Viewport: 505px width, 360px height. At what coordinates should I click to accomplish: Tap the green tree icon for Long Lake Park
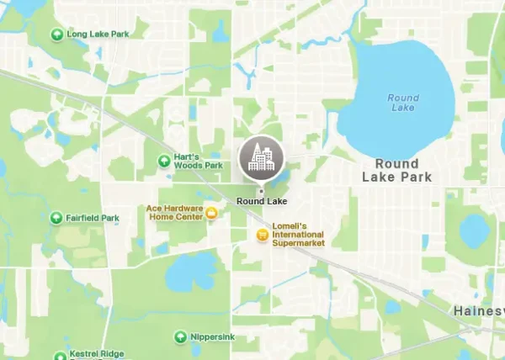(57, 34)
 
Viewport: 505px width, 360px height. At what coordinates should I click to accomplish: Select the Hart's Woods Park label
(198, 161)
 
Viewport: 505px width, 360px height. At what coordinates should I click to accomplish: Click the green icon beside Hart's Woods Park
(164, 161)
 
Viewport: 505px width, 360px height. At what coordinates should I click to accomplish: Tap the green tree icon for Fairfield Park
(57, 219)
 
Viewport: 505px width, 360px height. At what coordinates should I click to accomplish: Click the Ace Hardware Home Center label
(174, 212)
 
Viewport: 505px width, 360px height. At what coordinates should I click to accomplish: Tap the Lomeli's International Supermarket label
(298, 235)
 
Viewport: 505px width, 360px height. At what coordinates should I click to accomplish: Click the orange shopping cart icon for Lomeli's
(263, 236)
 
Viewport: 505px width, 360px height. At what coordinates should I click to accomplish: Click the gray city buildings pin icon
(261, 157)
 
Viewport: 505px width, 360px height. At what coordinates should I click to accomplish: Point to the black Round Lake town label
(261, 202)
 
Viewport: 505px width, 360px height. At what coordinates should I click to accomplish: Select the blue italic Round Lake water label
(403, 103)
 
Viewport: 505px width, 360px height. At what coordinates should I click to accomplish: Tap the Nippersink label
(216, 336)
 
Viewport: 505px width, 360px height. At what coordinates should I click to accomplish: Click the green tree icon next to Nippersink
(179, 336)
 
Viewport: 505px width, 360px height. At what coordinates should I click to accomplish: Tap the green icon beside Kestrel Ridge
(59, 356)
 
